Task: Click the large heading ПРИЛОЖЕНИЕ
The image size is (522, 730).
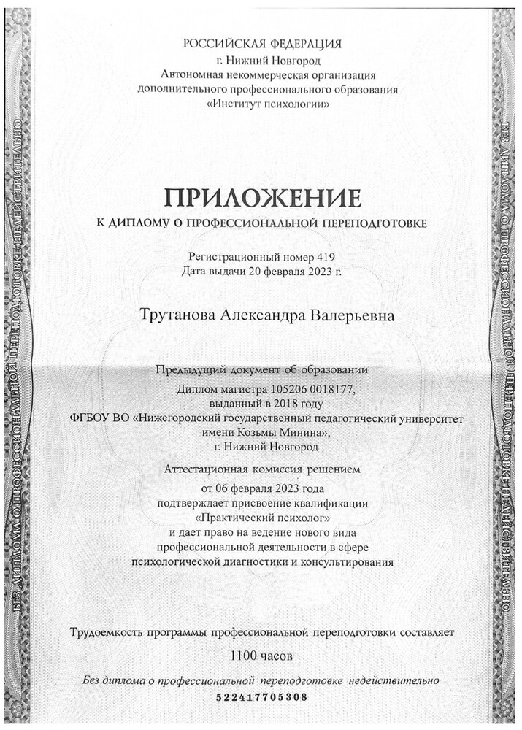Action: [262, 197]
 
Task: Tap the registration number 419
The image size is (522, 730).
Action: [326, 257]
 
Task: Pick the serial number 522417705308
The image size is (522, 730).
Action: [262, 697]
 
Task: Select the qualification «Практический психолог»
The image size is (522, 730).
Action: [261, 517]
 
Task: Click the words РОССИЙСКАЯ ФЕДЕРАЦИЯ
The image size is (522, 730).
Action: [263, 45]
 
